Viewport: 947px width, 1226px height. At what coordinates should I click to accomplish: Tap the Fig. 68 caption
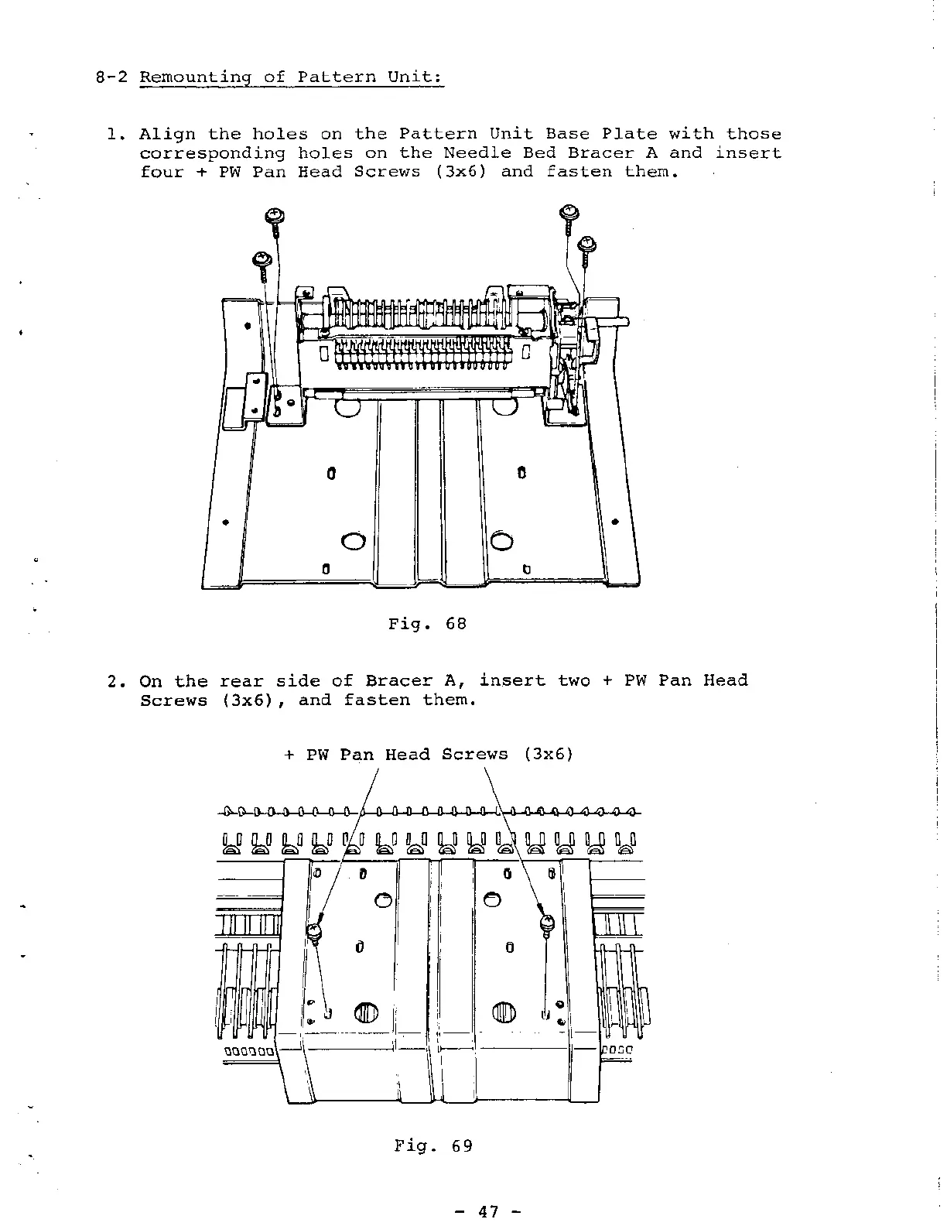point(427,623)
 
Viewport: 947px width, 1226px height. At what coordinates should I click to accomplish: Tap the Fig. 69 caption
point(432,1146)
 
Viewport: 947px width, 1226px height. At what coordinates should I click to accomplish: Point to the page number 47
point(487,1211)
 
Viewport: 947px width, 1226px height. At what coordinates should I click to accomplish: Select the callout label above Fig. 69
point(429,755)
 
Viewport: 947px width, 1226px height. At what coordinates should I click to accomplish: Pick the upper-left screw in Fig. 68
point(273,217)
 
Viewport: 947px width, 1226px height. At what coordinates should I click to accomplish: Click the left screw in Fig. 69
point(316,933)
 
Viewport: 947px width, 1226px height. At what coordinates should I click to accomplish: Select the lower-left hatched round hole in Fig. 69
point(364,1012)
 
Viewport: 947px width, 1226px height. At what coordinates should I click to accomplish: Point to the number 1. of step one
point(116,135)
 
